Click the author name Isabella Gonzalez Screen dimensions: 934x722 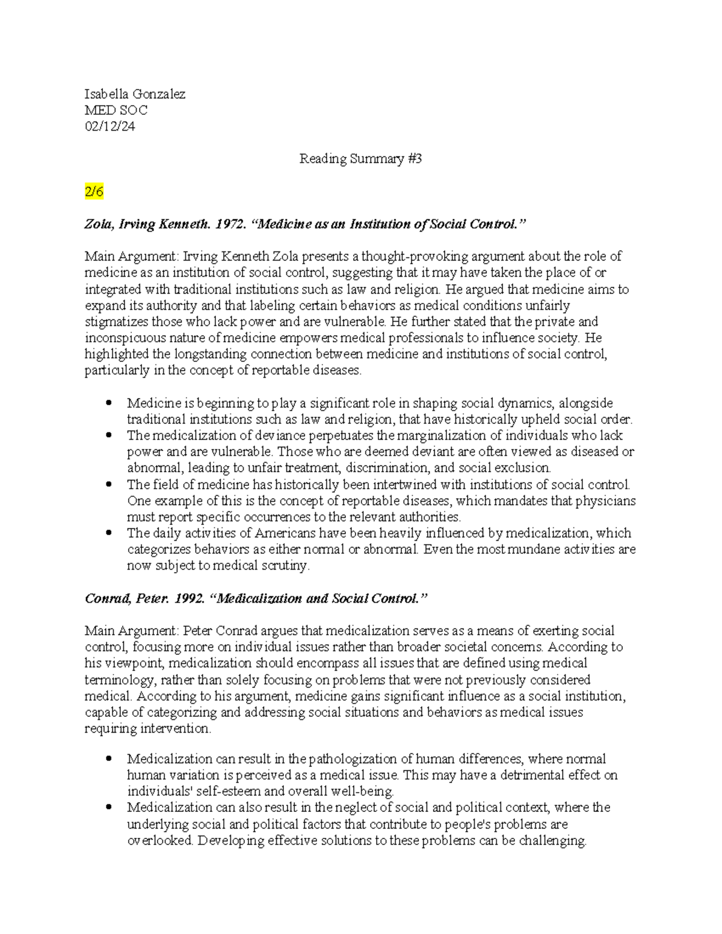(x=135, y=94)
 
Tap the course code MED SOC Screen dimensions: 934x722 (x=116, y=110)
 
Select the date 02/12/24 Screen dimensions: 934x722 (x=110, y=126)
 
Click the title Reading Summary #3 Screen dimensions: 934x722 (x=360, y=159)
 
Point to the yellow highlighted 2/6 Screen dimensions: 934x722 (x=94, y=192)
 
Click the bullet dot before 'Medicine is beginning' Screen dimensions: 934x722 (x=108, y=403)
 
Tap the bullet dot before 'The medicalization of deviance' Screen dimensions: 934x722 (x=108, y=435)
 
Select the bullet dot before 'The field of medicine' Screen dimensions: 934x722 (x=108, y=484)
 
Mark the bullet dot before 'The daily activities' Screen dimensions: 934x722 (x=108, y=533)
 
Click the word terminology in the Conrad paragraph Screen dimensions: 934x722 (x=117, y=680)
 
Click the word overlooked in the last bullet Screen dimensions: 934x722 (x=159, y=841)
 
